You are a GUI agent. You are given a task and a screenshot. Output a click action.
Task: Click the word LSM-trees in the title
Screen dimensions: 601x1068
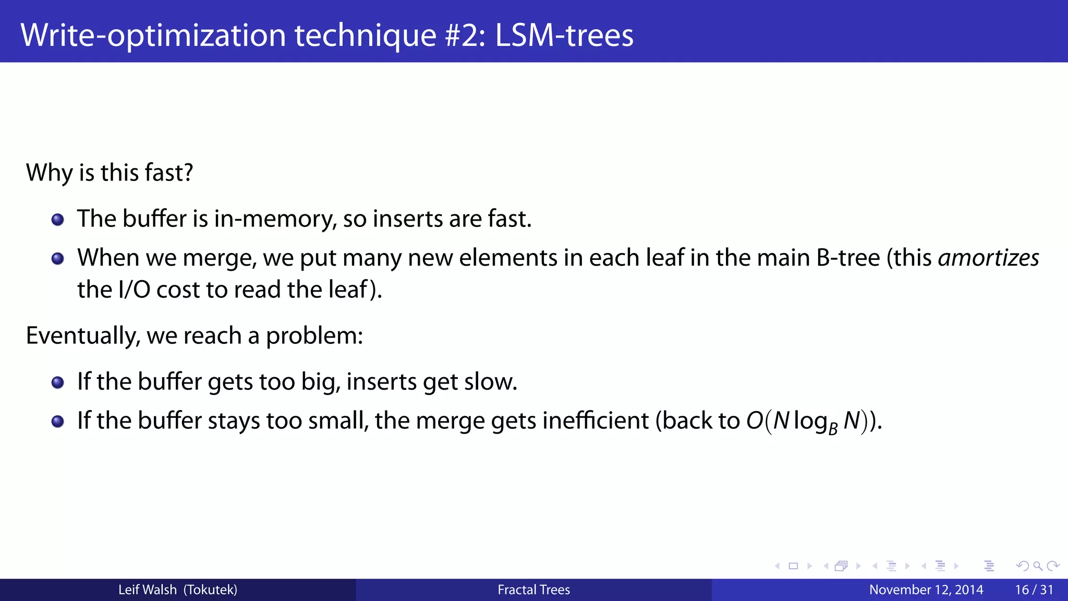pos(564,35)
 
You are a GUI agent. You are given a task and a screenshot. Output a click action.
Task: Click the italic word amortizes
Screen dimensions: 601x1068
pos(988,258)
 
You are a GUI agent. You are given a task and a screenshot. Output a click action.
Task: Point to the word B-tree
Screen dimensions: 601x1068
pos(848,258)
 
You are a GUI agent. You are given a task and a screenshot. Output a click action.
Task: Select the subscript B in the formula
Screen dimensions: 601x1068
pos(833,429)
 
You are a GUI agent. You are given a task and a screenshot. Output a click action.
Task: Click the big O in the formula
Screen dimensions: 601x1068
pos(755,420)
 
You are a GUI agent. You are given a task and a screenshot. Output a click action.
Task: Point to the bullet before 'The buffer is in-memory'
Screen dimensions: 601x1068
pos(58,220)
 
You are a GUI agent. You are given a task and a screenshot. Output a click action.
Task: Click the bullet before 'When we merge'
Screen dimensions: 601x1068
pos(58,259)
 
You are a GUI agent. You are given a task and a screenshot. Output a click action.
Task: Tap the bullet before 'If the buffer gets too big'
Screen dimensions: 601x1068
pos(58,383)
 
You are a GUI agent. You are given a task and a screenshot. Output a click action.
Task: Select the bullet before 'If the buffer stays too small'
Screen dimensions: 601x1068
pos(58,422)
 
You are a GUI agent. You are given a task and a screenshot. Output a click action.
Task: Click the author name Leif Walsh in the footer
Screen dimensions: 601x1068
pos(148,590)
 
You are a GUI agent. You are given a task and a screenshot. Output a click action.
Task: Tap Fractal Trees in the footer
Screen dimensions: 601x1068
pos(533,590)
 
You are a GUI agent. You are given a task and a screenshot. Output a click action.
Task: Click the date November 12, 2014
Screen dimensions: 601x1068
pos(926,590)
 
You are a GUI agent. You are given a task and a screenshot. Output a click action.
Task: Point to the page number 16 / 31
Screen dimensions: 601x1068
pos(1034,590)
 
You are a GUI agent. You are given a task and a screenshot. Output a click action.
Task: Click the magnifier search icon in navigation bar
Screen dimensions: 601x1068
pos(1038,566)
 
